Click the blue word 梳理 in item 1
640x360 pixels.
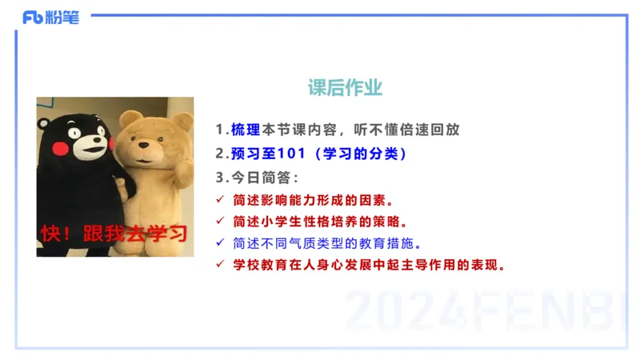click(x=239, y=130)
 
